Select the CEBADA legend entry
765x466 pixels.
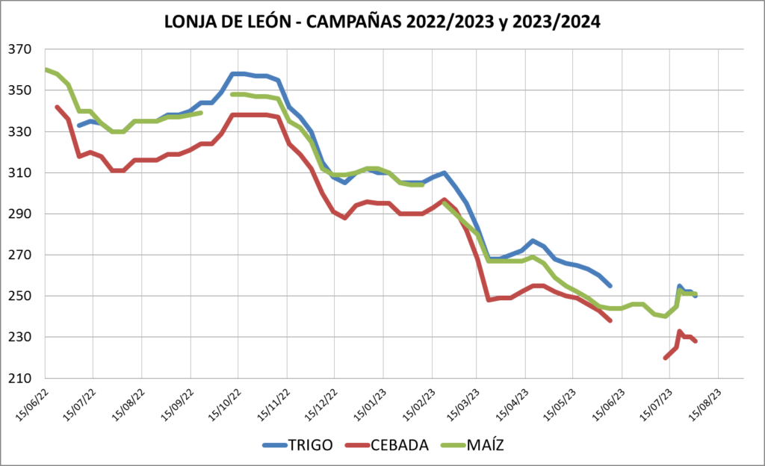click(400, 445)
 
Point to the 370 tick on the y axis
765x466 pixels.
click(22, 50)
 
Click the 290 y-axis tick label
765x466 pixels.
click(22, 214)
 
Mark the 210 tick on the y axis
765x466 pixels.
click(22, 379)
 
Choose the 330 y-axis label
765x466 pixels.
click(22, 132)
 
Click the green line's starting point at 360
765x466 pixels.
click(46, 70)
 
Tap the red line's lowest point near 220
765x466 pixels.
click(665, 358)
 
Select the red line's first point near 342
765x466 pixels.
click(57, 107)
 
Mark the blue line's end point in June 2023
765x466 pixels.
click(610, 286)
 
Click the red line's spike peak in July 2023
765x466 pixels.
click(679, 332)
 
